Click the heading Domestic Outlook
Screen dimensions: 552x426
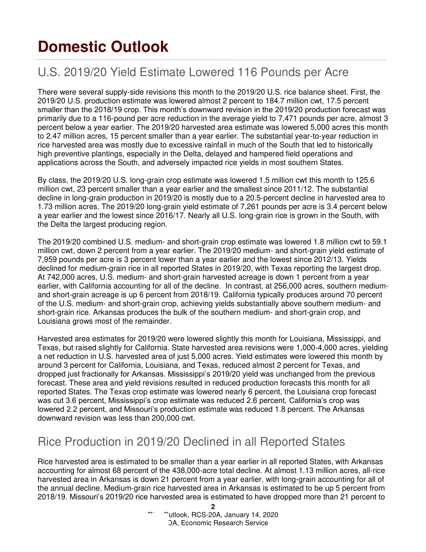(103, 47)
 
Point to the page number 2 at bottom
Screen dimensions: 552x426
(213, 507)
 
